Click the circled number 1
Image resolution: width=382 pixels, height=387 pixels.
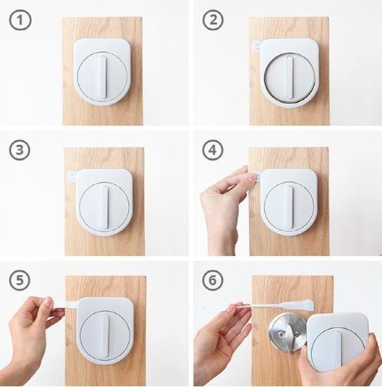tap(20, 20)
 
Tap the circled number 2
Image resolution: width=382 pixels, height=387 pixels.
tap(213, 20)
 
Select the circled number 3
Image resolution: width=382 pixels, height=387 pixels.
tap(20, 150)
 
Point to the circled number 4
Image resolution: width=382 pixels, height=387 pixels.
tap(212, 150)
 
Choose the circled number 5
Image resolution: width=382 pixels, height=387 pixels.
tap(20, 280)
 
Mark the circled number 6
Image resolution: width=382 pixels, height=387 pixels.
tap(212, 280)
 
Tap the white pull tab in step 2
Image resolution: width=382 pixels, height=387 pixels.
tap(257, 45)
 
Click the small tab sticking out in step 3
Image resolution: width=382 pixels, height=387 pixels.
tap(72, 176)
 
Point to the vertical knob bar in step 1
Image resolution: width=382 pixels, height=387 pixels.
tap(103, 77)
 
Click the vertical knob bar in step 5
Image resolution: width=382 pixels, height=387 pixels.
tap(106, 336)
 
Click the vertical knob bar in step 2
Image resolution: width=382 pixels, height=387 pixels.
tap(289, 77)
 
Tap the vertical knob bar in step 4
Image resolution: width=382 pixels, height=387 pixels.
tap(288, 207)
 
